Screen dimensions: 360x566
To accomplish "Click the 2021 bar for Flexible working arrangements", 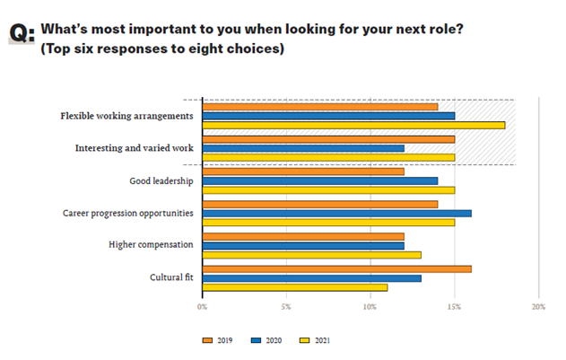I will point(353,125).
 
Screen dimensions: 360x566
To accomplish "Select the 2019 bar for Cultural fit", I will point(336,268).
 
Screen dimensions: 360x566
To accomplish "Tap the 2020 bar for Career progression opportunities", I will point(336,213).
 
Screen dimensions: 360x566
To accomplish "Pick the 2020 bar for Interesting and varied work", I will point(303,148).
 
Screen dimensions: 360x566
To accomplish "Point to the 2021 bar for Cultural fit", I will point(295,287).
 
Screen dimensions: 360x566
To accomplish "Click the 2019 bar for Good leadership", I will point(303,171).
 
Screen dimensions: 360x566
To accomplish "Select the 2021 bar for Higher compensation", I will point(311,255).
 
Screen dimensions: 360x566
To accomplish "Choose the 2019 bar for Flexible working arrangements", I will point(319,107).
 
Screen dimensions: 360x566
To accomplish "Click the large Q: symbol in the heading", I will point(22,34).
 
